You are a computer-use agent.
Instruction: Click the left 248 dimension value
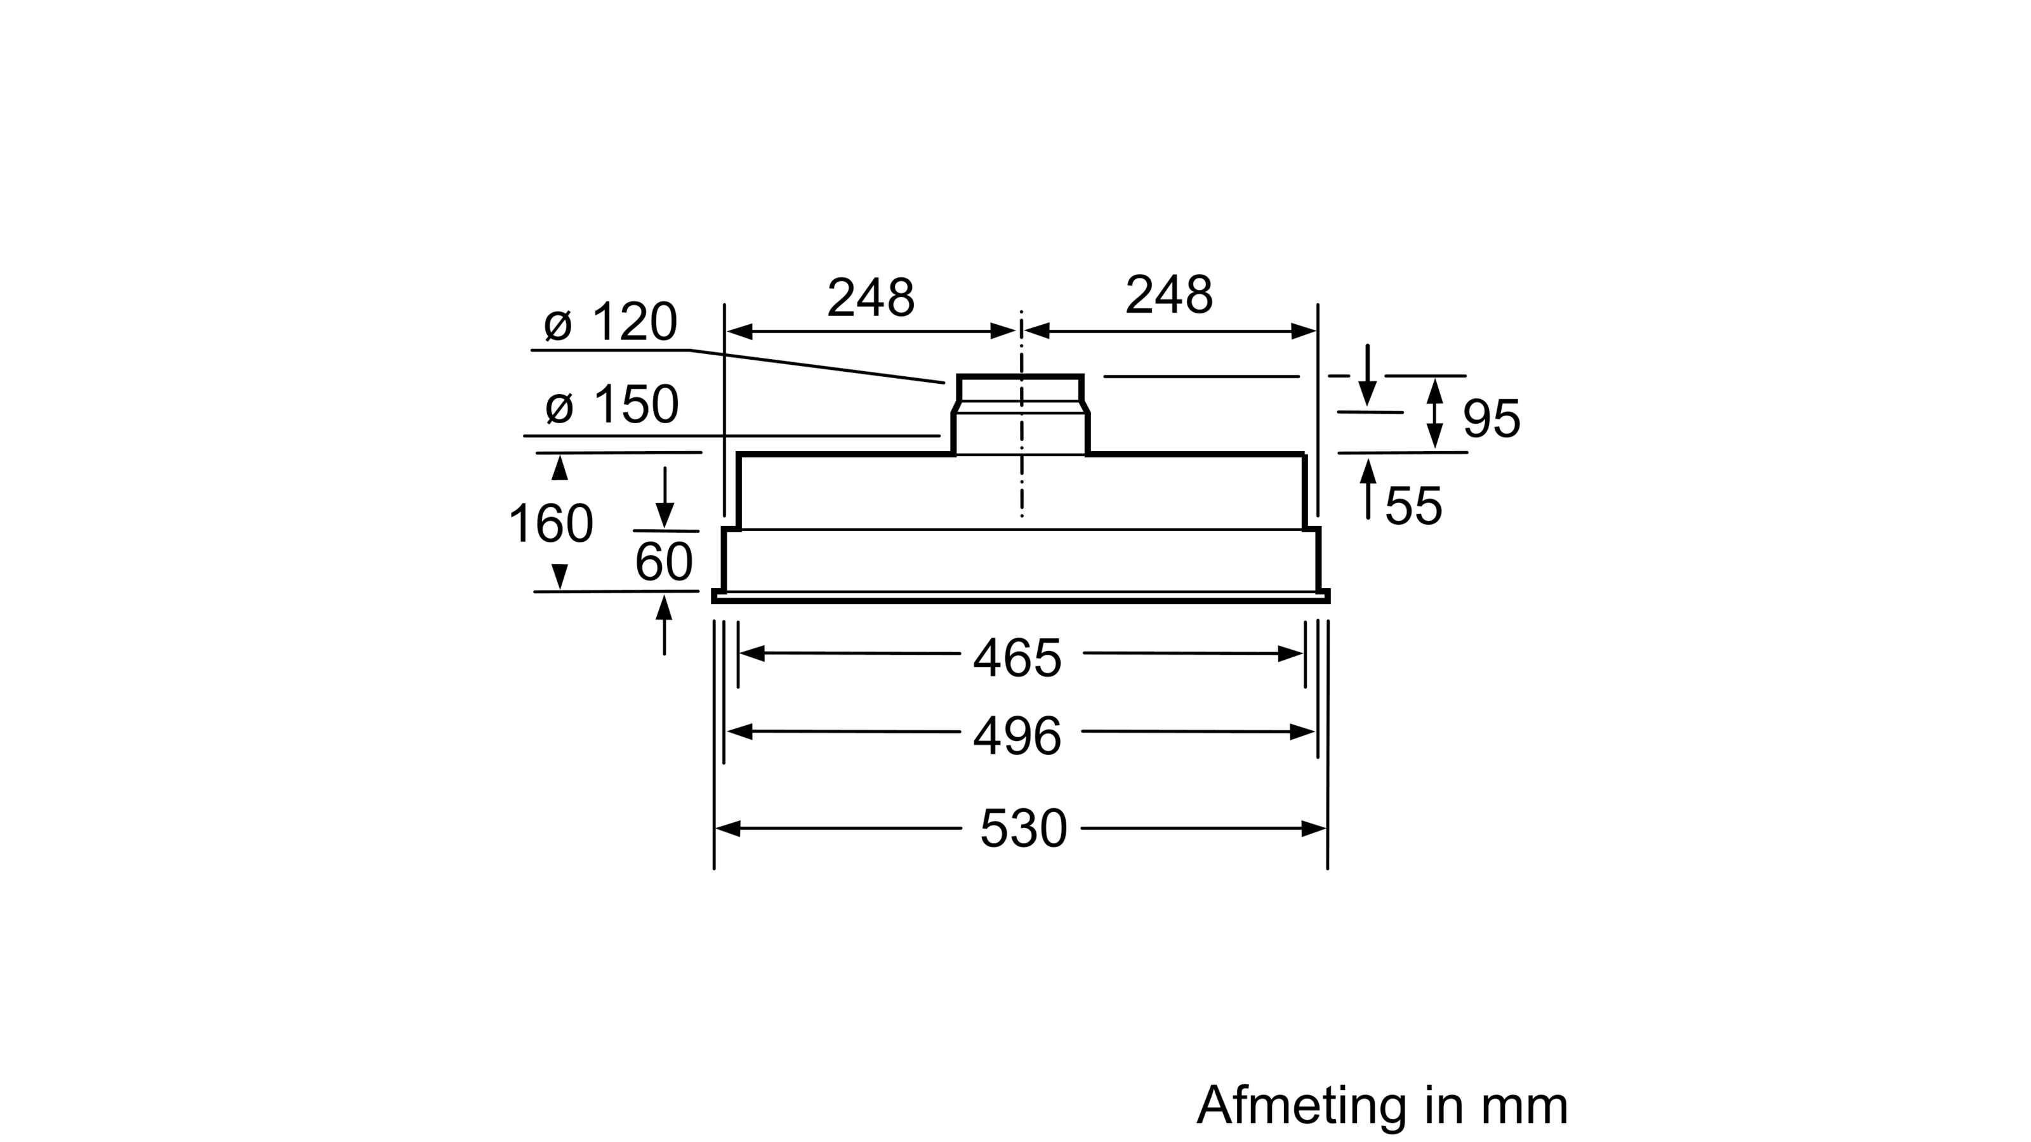[870, 298]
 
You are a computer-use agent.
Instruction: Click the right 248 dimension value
[1168, 296]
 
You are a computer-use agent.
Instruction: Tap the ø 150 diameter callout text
[612, 405]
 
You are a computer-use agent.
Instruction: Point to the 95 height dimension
[1491, 419]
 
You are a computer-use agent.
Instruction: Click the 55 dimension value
[1413, 506]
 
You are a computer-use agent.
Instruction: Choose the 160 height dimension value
[550, 524]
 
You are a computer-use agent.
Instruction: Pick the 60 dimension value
[664, 562]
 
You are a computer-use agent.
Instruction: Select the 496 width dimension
[1017, 737]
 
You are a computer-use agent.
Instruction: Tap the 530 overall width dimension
[1022, 829]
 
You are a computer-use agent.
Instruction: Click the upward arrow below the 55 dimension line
[1368, 489]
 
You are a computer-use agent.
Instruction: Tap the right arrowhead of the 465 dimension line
[1290, 653]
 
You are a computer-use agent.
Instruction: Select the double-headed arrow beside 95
[1435, 414]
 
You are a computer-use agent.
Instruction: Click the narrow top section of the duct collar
[1020, 390]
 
